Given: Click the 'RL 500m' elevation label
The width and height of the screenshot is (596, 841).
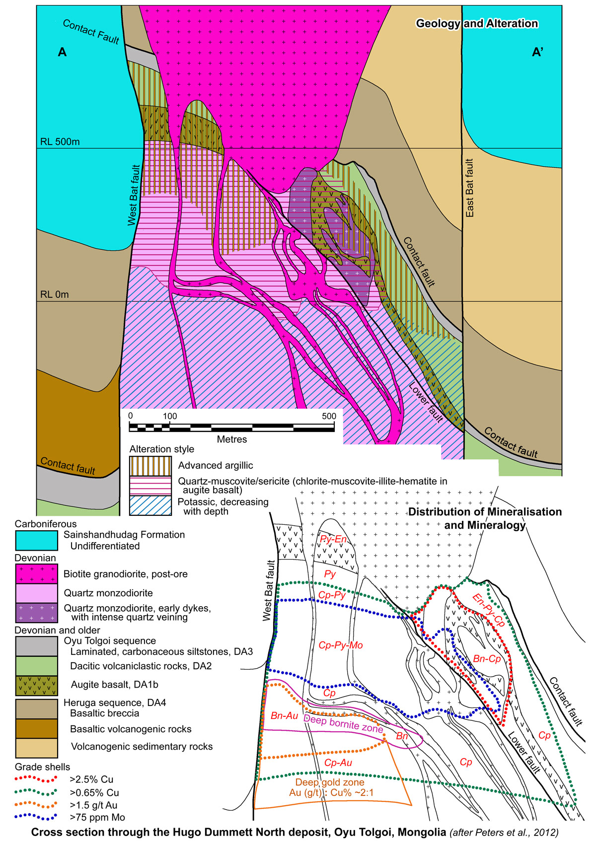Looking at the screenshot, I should coord(60,142).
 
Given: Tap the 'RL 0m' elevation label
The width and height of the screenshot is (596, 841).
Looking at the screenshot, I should coord(55,295).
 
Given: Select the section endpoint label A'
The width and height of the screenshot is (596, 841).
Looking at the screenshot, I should coord(537,52).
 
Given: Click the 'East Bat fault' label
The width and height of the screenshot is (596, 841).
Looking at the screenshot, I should coord(470,188).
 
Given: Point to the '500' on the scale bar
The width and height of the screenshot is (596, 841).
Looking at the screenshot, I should coord(329,416).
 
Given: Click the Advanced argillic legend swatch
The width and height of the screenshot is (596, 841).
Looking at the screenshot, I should coord(150,466).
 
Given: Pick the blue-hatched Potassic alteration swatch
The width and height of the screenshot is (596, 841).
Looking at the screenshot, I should coord(150,506).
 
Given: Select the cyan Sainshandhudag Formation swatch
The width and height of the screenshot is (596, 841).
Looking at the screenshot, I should coord(36,540).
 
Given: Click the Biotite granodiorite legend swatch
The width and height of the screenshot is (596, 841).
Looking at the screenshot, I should coord(36,574).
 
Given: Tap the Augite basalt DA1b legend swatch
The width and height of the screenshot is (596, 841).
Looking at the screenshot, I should coord(36,685).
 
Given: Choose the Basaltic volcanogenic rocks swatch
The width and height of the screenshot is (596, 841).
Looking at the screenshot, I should coord(36,729).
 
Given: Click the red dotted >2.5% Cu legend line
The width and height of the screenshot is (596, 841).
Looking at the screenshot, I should coord(36,779).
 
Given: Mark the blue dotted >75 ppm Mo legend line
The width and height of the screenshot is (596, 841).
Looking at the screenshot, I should coord(36,817).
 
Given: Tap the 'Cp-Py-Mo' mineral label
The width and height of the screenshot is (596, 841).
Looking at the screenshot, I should coord(340,645).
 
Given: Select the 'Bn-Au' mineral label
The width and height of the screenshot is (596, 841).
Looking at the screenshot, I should coord(284,716).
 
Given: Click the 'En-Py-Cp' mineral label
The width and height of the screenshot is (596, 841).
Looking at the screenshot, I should coord(488,610).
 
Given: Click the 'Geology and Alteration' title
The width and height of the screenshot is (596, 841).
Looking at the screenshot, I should coord(477,24).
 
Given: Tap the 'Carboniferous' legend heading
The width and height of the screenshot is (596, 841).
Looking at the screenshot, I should coord(46,524).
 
